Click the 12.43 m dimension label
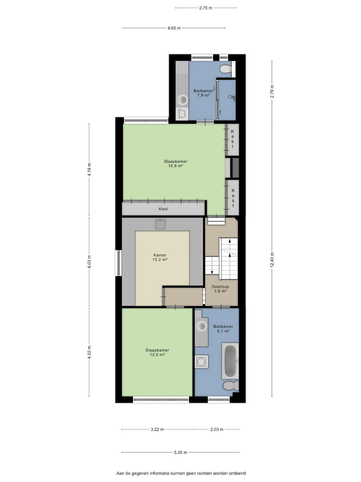tap(272, 260)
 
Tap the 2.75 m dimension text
tap(206, 8)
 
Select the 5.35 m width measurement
tap(181, 452)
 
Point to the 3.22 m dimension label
tap(157, 429)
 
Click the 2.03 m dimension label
tap(217, 429)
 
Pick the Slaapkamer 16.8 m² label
tap(176, 164)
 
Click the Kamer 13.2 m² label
tap(160, 257)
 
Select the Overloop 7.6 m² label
tap(220, 289)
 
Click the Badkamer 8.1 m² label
tap(223, 329)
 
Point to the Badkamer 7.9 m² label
tap(203, 93)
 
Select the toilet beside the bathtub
tap(231, 386)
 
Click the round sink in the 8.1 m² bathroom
tap(201, 326)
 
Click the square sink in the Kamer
tap(160, 224)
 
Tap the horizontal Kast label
tap(163, 209)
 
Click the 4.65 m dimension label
tap(174, 28)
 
